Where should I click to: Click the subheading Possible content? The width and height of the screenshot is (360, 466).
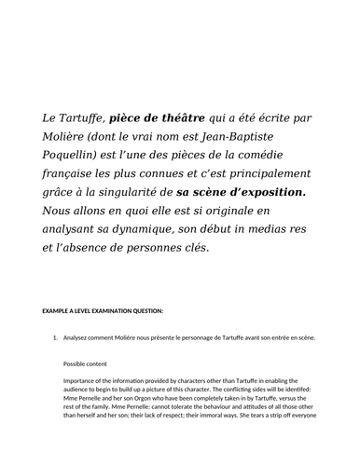90,363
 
